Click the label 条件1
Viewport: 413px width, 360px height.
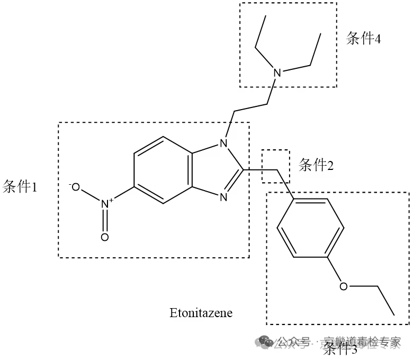20,187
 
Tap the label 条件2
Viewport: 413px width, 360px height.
316,165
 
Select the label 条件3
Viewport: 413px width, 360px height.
340,348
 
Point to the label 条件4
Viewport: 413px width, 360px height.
363,39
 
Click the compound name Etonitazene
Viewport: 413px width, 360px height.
201,312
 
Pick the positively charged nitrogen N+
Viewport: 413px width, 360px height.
106,203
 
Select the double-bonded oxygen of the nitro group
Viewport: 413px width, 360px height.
104,237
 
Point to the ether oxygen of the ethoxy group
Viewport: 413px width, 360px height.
344,286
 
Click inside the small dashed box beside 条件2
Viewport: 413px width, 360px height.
276,166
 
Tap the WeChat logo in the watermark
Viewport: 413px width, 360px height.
264,343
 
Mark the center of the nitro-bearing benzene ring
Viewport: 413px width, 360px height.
163,170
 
